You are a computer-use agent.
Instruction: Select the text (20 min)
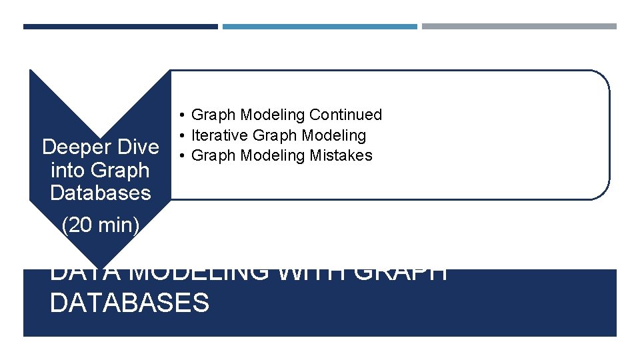100,225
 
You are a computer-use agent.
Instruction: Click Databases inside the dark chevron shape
100,193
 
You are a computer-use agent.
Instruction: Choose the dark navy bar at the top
120,27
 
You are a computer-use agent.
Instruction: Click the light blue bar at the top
319,27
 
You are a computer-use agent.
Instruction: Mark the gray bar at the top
519,27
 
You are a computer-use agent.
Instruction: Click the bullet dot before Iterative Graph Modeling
181,135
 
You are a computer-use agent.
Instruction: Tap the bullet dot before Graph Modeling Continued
181,115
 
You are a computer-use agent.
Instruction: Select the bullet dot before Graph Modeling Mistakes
181,155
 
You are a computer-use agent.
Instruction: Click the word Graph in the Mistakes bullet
213,155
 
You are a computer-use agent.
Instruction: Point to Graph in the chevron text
119,170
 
